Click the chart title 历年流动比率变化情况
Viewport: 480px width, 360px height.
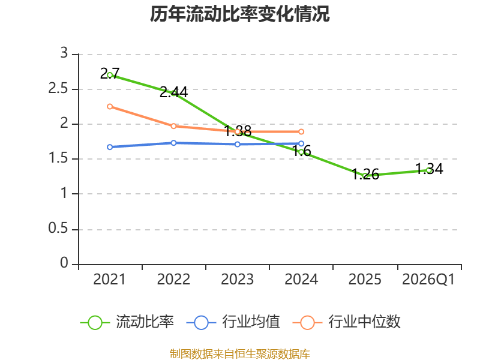pos(239,14)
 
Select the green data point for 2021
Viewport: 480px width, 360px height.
pos(110,75)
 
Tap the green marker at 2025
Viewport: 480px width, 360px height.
pos(365,176)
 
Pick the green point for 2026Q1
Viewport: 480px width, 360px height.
pos(428,170)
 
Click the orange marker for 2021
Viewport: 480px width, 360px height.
pos(110,107)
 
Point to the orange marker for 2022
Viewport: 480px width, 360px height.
pos(173,126)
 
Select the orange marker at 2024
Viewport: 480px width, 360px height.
pos(301,131)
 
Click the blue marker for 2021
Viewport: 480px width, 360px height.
pos(110,147)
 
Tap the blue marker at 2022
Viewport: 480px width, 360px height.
pos(173,143)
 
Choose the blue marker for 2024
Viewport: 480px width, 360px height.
pos(301,143)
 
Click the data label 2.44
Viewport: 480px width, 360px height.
pos(174,92)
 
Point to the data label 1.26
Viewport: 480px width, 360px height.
pos(365,174)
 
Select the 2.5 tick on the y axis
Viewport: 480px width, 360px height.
pos(58,89)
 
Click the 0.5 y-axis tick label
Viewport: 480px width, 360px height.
pos(58,229)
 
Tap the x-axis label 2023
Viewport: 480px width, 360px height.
pos(237,279)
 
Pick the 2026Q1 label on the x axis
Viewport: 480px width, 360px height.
pos(428,279)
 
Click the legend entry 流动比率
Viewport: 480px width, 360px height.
pos(127,322)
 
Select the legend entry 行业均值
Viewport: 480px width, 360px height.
pos(233,322)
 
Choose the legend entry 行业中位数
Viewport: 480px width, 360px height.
pos(347,322)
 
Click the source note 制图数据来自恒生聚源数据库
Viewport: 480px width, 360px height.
pos(240,354)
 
